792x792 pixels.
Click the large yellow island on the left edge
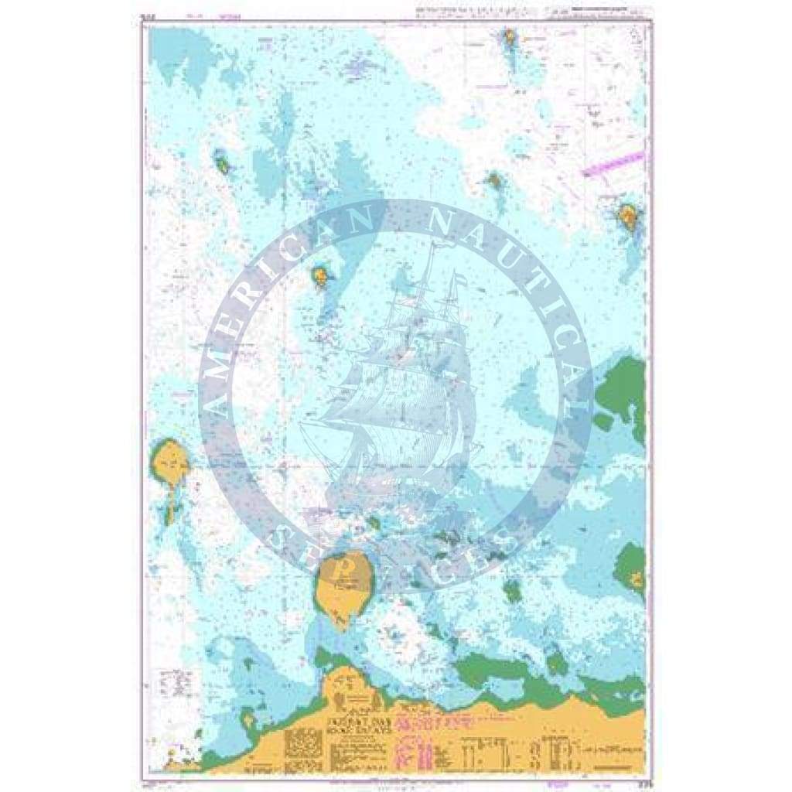point(169,462)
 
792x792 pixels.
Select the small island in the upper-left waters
point(223,164)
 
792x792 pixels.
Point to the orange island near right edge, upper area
point(627,217)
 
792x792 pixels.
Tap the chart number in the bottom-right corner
point(638,782)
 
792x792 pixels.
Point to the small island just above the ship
point(319,274)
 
